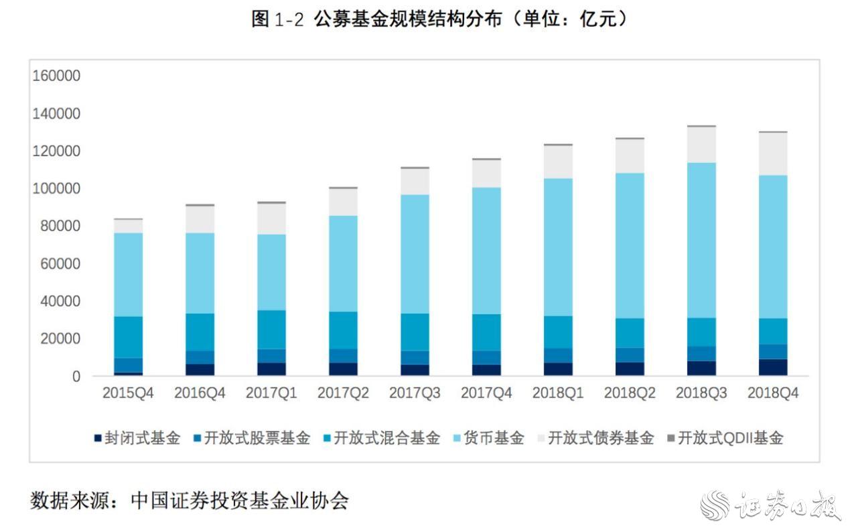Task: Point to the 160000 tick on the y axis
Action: point(56,76)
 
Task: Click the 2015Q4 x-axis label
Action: point(128,393)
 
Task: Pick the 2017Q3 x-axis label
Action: point(415,393)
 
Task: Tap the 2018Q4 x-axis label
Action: point(773,393)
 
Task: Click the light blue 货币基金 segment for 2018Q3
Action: point(701,240)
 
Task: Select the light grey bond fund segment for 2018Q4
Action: point(773,154)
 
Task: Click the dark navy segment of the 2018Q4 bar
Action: point(773,367)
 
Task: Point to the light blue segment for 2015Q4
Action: point(128,275)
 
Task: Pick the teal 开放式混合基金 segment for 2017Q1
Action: point(271,330)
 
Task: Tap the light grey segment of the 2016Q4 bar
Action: point(200,219)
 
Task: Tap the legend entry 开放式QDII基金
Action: point(729,439)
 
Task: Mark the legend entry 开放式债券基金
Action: point(599,439)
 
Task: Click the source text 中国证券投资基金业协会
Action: point(240,500)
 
